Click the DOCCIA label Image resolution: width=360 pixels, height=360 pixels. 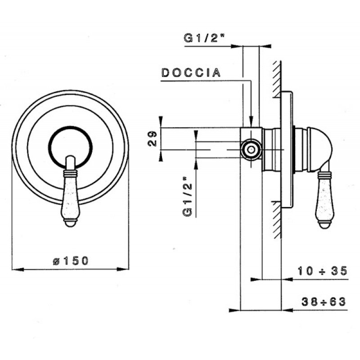[x=191, y=73]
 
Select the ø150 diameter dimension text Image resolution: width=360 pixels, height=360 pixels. [x=71, y=261]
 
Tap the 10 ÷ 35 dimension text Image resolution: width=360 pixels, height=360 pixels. [x=323, y=271]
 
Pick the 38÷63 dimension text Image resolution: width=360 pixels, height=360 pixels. [x=324, y=301]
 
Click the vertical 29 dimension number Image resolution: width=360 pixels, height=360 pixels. [x=152, y=139]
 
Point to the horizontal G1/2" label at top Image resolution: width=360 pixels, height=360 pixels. [x=204, y=38]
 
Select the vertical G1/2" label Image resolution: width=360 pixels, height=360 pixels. [x=188, y=197]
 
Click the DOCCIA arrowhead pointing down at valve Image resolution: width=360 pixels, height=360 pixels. [x=252, y=121]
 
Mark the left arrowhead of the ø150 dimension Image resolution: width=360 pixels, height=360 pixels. [x=18, y=269]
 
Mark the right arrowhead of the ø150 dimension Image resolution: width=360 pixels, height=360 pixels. [x=123, y=269]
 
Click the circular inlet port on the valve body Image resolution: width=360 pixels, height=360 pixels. [x=251, y=150]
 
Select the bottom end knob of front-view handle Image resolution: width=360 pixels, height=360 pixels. [x=70, y=222]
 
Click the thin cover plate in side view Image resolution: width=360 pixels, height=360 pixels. [x=287, y=150]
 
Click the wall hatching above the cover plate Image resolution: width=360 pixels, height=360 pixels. [x=277, y=80]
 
